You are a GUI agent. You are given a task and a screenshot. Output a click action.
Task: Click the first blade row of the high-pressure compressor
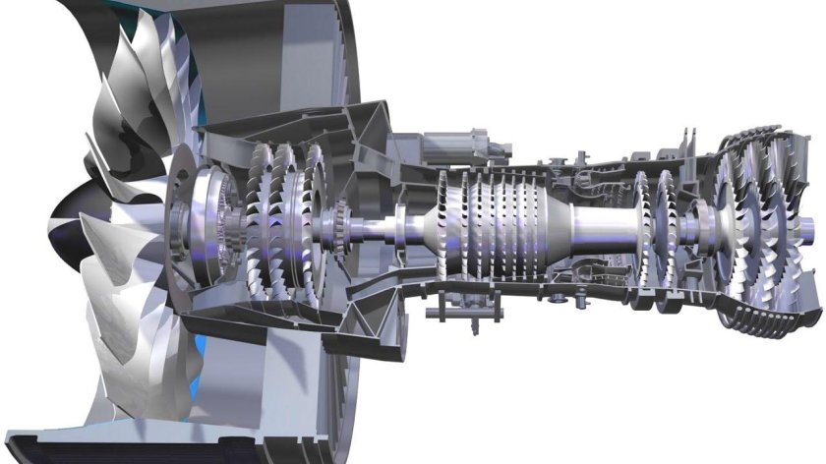(x=444, y=226)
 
